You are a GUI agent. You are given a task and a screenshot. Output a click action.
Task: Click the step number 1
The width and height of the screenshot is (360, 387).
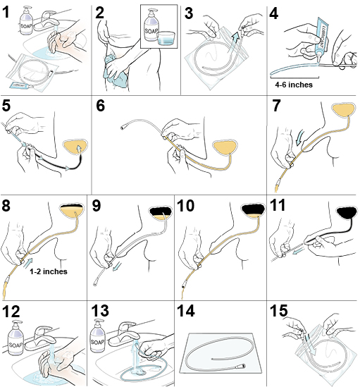[x=10, y=12]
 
